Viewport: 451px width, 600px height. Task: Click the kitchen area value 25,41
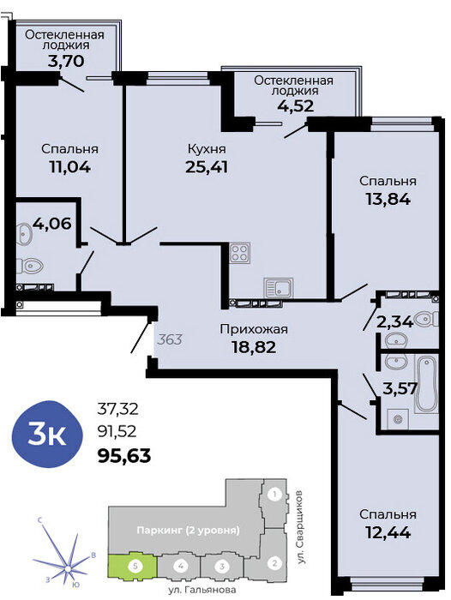click(207, 167)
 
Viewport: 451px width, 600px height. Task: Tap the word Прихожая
click(254, 329)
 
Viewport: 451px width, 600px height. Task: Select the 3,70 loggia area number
click(66, 61)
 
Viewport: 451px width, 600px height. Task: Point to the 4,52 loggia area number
click(295, 105)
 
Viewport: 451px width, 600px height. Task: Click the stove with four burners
click(240, 253)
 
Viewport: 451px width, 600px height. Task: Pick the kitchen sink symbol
click(279, 287)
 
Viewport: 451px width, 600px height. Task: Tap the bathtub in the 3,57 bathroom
click(426, 384)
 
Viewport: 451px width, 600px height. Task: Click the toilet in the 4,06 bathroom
click(29, 265)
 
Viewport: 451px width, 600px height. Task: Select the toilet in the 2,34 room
click(427, 319)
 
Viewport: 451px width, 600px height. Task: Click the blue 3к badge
click(47, 435)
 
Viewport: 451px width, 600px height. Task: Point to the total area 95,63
click(124, 455)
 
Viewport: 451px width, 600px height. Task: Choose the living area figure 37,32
click(117, 409)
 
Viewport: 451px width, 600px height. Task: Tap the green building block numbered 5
click(132, 565)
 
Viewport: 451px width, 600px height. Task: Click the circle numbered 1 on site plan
click(274, 495)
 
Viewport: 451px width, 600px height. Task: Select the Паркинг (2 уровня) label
click(189, 531)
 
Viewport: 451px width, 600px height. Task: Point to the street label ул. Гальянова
click(201, 590)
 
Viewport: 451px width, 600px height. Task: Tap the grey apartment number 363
click(170, 339)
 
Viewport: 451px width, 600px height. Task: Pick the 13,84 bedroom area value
click(388, 199)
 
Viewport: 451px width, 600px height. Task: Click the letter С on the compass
click(39, 520)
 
